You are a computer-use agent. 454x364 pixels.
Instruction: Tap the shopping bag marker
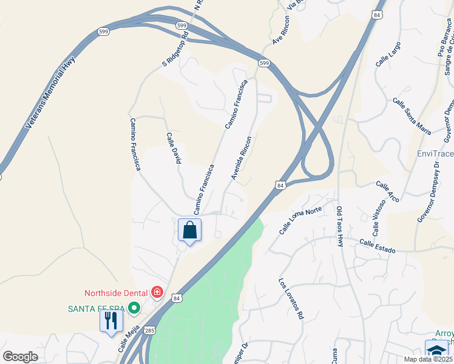189,231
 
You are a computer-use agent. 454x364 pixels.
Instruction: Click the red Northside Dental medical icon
157,293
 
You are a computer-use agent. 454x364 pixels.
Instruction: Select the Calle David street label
174,149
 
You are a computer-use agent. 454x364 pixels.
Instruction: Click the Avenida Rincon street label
241,157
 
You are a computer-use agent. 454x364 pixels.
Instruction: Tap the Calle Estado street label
377,246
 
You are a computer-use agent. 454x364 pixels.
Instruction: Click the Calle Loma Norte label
300,220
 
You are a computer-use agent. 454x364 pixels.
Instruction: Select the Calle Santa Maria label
412,116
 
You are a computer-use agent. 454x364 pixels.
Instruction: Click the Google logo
21,356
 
